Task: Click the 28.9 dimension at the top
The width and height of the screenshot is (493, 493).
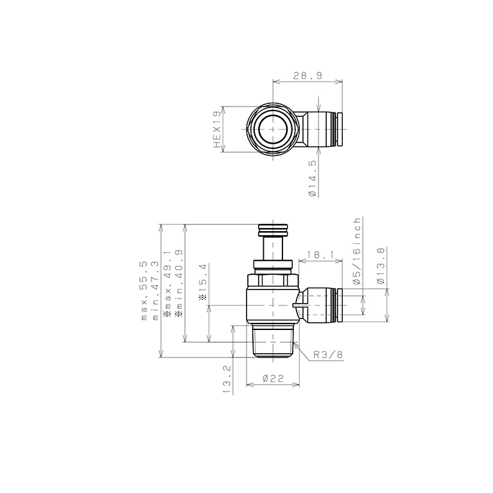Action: point(307,76)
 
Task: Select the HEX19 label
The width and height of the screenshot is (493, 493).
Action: point(217,129)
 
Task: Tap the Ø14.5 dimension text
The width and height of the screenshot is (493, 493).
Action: point(312,178)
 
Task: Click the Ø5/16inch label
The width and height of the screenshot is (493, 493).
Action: point(356,250)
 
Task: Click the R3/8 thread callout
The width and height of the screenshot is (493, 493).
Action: point(327,354)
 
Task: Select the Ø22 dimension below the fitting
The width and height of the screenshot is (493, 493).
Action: point(273,379)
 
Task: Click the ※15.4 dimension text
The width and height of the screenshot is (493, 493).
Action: point(203,282)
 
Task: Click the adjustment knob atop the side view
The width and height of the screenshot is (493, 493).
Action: point(273,229)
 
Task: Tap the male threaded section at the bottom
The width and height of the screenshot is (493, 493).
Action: point(273,340)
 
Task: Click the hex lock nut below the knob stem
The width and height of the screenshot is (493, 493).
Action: point(273,280)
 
